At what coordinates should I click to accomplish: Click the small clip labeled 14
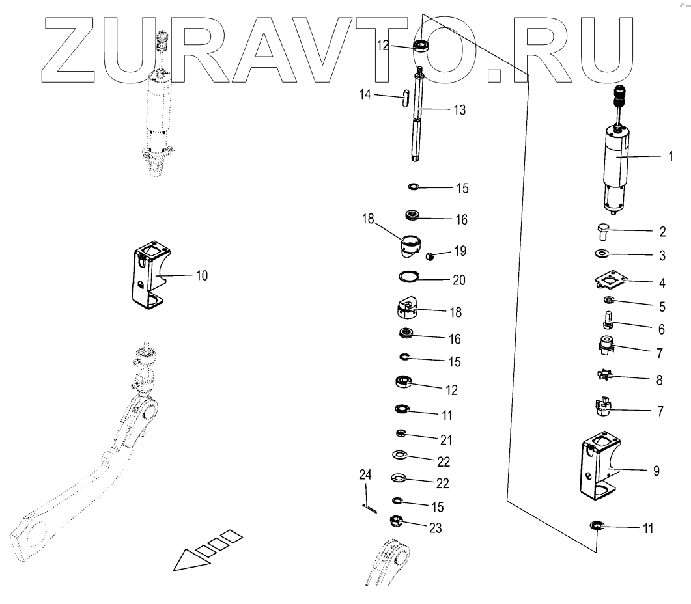click(x=405, y=98)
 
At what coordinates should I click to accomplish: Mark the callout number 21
click(x=445, y=441)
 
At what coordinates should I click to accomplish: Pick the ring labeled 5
click(x=609, y=300)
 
